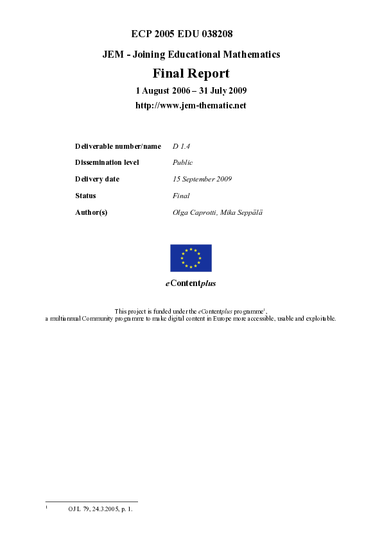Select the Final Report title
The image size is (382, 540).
[191, 73]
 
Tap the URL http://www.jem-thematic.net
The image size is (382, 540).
[191, 105]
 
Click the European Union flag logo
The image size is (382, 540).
[191, 258]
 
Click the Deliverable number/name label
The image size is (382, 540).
[118, 147]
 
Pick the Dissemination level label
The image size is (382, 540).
[107, 163]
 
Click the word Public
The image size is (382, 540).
[182, 163]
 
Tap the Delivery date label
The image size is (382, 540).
[97, 180]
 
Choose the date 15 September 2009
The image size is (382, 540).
[202, 180]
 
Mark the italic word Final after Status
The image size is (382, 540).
[181, 196]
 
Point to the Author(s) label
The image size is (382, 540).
[91, 212]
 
